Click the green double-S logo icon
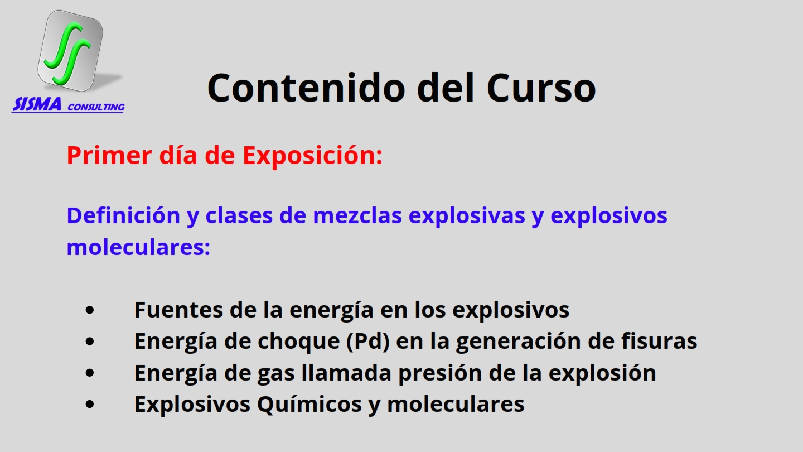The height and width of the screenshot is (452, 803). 70,50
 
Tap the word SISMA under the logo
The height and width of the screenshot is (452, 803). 37,104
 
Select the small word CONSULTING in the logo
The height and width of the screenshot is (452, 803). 96,107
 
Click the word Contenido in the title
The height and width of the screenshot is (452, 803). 306,88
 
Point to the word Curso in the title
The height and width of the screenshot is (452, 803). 541,88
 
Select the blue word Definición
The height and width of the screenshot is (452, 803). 123,215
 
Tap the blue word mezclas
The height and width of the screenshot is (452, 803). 357,215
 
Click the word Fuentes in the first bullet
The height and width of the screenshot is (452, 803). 178,310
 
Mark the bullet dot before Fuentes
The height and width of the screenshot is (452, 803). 90,310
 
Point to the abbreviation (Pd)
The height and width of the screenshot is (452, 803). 368,341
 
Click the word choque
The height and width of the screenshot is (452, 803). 299,342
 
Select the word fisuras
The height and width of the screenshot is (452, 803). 659,340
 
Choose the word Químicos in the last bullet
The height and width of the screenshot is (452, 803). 309,404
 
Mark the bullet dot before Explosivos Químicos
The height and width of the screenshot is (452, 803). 90,404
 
